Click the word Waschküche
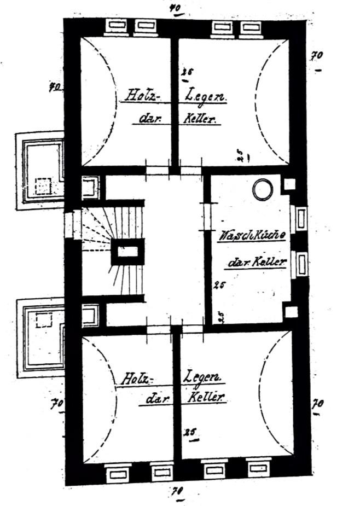tap(252, 237)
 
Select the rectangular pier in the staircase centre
tap(128, 252)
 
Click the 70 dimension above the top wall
tap(176, 8)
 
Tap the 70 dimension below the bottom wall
tap(177, 488)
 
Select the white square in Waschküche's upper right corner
tap(289, 184)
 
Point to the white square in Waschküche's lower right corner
tap(291, 312)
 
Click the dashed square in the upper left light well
tap(44, 187)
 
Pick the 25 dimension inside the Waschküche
tap(220, 284)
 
